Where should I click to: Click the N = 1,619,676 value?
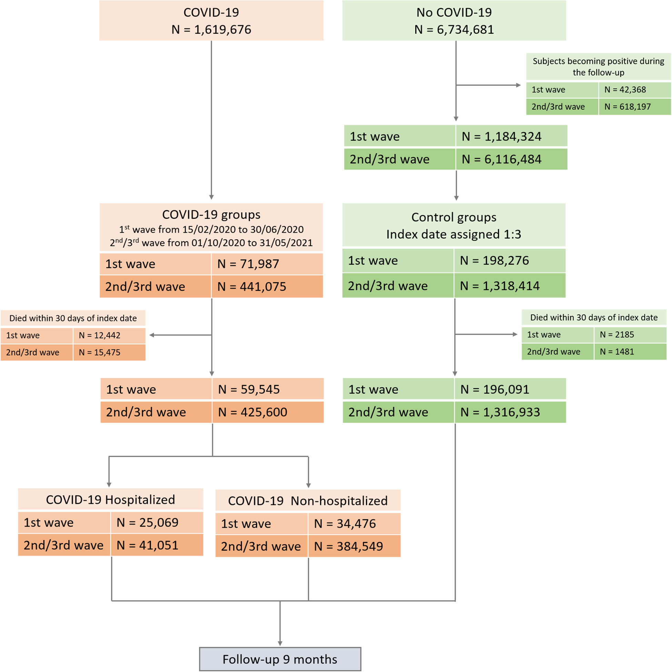click(x=211, y=30)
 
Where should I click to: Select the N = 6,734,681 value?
click(x=454, y=30)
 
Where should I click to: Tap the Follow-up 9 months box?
click(x=280, y=659)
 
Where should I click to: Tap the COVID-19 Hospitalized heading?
click(x=110, y=499)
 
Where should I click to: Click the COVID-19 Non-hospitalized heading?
click(x=308, y=500)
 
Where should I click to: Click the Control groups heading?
click(x=454, y=217)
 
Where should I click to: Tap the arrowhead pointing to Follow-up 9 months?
click(x=280, y=643)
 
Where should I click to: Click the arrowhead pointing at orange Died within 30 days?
click(x=152, y=335)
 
